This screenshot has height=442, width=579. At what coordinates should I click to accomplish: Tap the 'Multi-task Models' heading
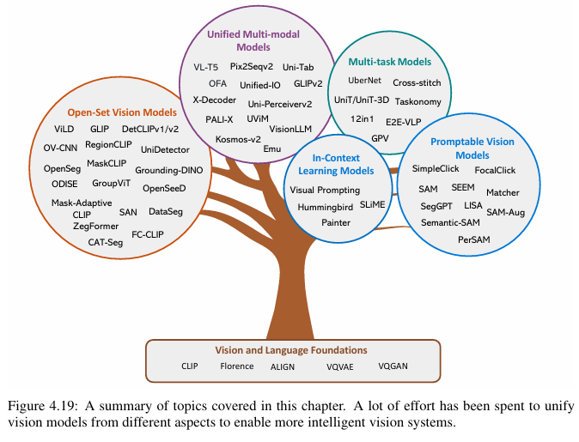389,62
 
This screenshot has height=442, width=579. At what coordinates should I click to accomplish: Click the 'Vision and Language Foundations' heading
292,350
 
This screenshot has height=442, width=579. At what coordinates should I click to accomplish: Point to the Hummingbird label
326,207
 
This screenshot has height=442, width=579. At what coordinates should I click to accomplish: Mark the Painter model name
336,222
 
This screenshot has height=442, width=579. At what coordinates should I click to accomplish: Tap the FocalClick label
495,171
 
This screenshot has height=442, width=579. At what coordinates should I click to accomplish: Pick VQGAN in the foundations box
394,366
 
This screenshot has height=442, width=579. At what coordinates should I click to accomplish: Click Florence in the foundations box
237,366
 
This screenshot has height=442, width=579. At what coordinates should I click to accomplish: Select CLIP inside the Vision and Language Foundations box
189,366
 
